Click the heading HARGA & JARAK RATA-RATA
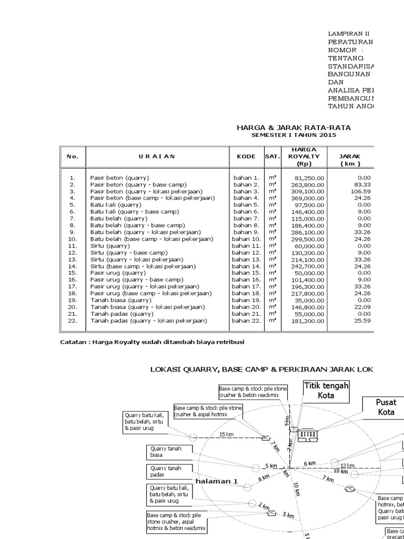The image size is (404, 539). point(294,128)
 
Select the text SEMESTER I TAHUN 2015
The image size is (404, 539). point(294,135)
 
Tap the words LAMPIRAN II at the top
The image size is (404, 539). point(349,33)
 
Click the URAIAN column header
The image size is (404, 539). point(157,156)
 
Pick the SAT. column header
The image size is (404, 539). point(272,156)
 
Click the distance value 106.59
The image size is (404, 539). point(362,192)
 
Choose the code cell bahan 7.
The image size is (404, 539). point(246,218)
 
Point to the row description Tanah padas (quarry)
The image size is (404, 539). point(123,314)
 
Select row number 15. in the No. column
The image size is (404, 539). point(73,273)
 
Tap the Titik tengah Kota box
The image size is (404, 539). point(326,391)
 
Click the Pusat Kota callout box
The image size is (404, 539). point(386,406)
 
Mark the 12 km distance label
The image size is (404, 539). point(347,466)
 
